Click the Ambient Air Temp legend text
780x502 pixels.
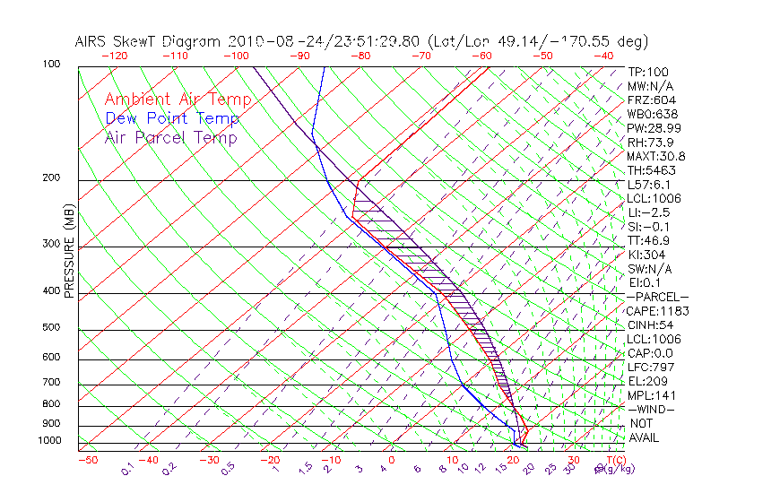coord(178,100)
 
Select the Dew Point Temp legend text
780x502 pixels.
coord(172,118)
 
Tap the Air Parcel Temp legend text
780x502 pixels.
coord(170,137)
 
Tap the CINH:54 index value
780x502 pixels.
coord(649,325)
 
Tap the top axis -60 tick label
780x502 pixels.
coord(481,56)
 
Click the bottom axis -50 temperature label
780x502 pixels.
coord(87,460)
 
